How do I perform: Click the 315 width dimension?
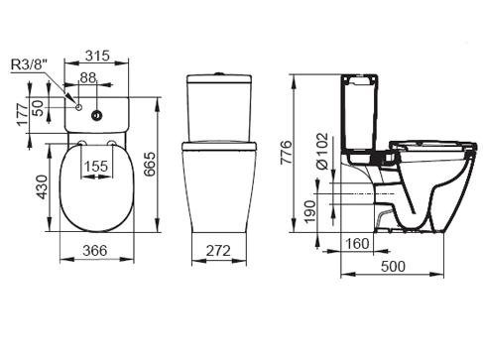point(97,56)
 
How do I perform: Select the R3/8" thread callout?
point(29,64)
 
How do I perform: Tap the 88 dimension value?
point(88,77)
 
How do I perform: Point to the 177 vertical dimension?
point(23,114)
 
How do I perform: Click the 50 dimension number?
point(38,108)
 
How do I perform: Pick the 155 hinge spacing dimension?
point(96,166)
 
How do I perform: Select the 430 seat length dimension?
point(42,187)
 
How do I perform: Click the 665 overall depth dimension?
point(150,164)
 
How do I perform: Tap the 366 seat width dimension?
point(95,250)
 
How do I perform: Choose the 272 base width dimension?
point(218,251)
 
